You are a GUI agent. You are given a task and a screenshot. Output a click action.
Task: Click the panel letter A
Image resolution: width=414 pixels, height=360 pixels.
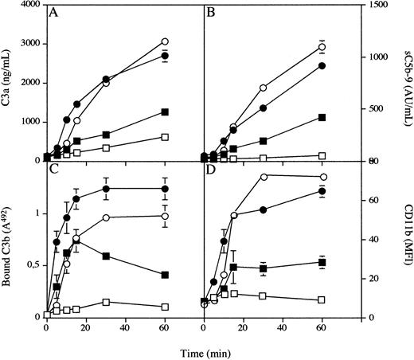[x=53, y=14]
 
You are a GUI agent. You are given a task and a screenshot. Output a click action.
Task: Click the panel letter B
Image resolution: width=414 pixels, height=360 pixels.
[x=212, y=14]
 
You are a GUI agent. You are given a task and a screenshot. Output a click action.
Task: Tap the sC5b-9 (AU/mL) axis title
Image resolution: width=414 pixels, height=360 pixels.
[x=407, y=83]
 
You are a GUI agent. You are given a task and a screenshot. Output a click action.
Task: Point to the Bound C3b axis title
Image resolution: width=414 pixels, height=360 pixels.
[x=9, y=240]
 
